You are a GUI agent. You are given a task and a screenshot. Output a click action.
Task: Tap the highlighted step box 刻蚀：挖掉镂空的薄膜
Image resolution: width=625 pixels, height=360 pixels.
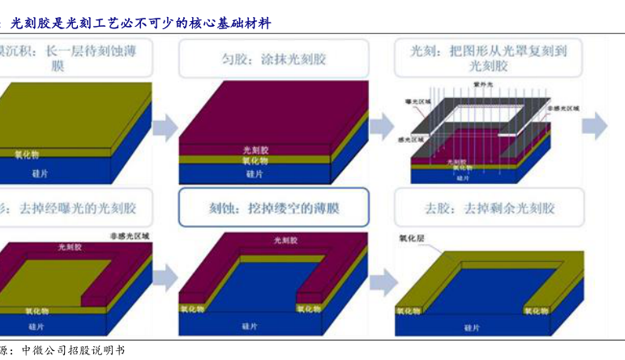(273, 208)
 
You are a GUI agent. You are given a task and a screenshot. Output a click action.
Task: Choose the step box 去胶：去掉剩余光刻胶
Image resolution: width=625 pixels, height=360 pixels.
(488, 208)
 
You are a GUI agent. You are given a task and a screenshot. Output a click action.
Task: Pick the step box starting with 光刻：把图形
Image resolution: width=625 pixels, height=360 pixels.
(488, 58)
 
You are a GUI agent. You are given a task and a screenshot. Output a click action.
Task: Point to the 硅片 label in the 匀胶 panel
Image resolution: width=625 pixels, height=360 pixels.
(255, 174)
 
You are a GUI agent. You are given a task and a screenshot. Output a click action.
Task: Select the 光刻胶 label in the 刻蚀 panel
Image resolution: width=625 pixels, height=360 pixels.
(285, 241)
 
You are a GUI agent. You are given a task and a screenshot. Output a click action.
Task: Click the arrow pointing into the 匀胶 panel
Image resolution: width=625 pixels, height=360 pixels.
(165, 126)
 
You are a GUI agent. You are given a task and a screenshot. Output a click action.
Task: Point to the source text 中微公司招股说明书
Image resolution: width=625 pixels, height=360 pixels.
(73, 350)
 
